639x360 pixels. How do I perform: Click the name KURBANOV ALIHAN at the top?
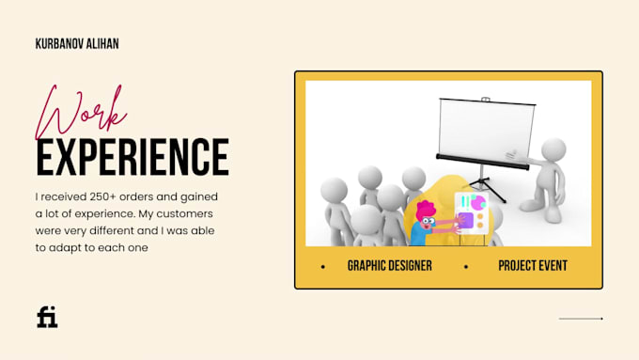(76, 44)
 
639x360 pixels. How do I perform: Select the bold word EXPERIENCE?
(132, 157)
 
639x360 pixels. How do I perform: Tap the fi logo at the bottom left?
(47, 317)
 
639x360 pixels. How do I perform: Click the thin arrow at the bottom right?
(581, 319)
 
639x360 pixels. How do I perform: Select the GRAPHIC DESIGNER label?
(389, 266)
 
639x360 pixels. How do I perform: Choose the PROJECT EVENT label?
(532, 266)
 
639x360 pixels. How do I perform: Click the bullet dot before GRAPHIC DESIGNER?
(323, 267)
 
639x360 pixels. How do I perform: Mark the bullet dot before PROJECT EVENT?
(465, 267)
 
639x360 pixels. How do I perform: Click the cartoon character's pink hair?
(426, 210)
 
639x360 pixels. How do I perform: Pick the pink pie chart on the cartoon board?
(477, 202)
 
